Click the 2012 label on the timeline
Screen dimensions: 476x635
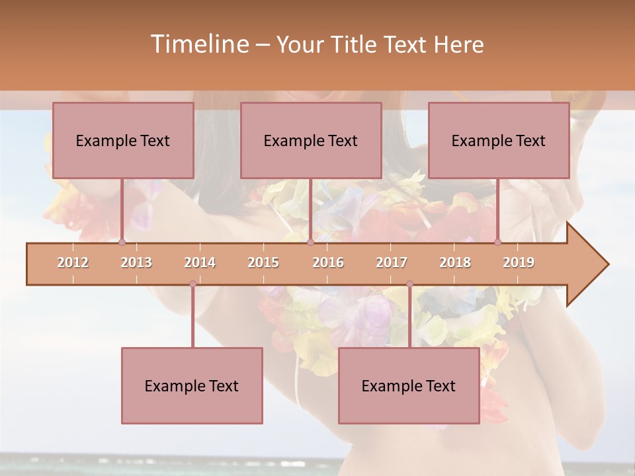(x=73, y=262)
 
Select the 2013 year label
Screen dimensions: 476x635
(x=136, y=262)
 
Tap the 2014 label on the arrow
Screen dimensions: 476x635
(x=200, y=262)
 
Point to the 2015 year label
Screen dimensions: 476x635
(x=263, y=262)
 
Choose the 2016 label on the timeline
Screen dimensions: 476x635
(x=328, y=262)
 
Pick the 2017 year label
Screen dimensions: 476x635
(x=392, y=262)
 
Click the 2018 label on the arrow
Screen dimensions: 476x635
(x=455, y=262)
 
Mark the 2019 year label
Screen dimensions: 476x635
(x=519, y=262)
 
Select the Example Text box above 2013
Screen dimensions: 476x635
(x=123, y=140)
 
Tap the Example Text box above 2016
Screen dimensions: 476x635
(x=311, y=140)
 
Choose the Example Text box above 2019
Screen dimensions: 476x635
(x=499, y=140)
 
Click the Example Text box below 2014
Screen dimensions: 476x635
(x=192, y=385)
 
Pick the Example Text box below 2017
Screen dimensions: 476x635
(x=409, y=385)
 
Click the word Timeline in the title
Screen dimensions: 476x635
(x=198, y=44)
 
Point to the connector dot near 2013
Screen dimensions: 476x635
(x=122, y=243)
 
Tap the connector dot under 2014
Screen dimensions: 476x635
(x=192, y=284)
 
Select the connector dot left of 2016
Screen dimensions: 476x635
(x=310, y=243)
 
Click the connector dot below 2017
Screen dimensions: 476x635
(x=409, y=284)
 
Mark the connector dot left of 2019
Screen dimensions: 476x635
(x=498, y=243)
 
